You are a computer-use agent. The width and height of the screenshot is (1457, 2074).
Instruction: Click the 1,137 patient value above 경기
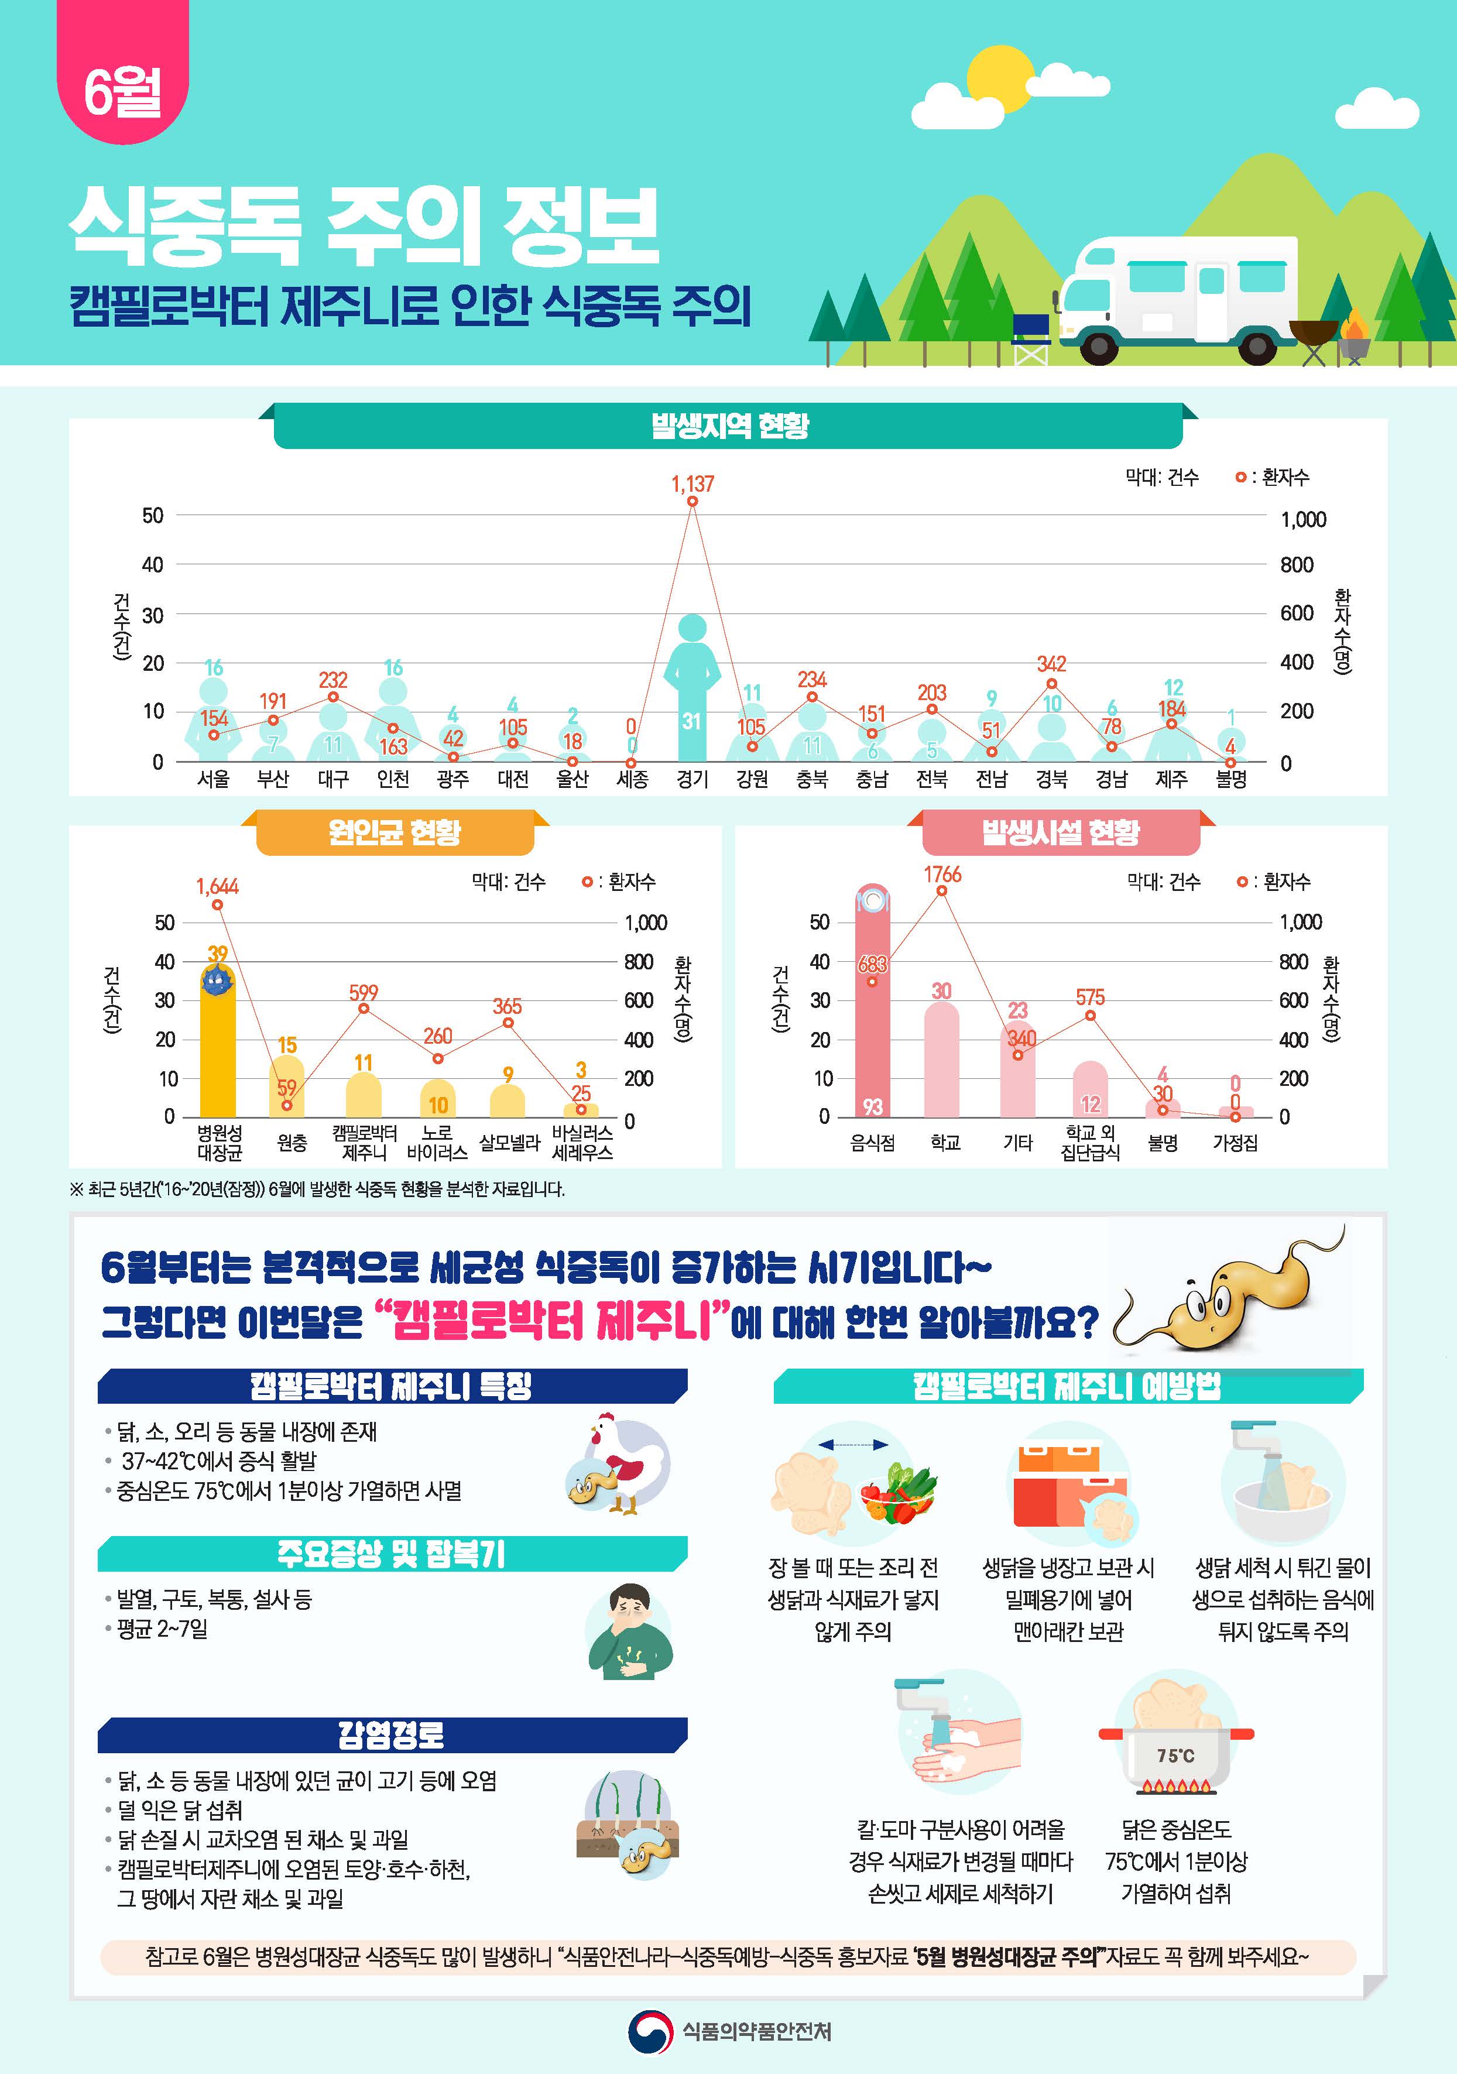pyautogui.click(x=692, y=484)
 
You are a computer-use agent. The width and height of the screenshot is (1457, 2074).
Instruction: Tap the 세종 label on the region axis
pyautogui.click(x=632, y=779)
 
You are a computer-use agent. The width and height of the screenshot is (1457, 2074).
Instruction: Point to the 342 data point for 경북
pyautogui.click(x=1051, y=684)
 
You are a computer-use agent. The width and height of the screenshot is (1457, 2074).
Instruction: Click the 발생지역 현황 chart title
pyautogui.click(x=729, y=426)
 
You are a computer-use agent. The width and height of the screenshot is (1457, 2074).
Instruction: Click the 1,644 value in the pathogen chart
pyautogui.click(x=217, y=886)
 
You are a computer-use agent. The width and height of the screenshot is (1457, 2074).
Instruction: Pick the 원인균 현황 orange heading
pyautogui.click(x=395, y=832)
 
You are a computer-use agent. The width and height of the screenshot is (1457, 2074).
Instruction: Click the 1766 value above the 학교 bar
pyautogui.click(x=942, y=875)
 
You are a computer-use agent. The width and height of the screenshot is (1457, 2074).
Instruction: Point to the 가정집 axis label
pyautogui.click(x=1235, y=1143)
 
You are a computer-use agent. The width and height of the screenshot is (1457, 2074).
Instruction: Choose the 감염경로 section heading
pyautogui.click(x=391, y=1735)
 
